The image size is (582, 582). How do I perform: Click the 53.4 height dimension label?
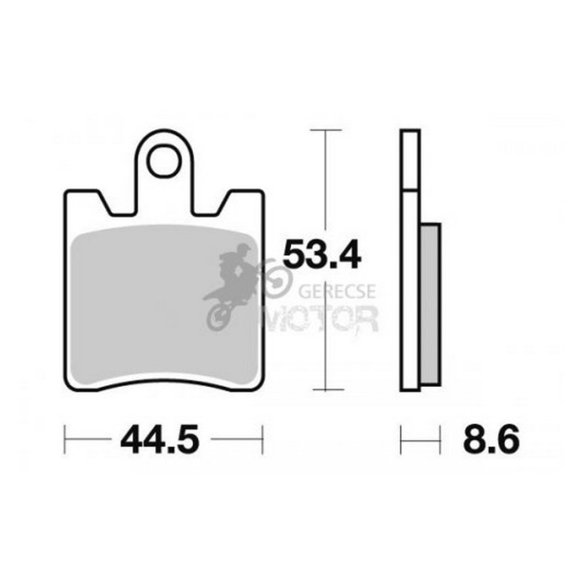[x=321, y=254]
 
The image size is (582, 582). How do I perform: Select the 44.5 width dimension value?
[x=160, y=440]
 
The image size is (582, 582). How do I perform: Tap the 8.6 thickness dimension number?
[x=491, y=440]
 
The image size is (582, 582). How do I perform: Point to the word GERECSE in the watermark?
[x=337, y=291]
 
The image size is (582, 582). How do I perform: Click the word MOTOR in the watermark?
[x=320, y=318]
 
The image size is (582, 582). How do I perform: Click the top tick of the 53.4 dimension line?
[x=326, y=130]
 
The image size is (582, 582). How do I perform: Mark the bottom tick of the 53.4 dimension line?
[x=328, y=390]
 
